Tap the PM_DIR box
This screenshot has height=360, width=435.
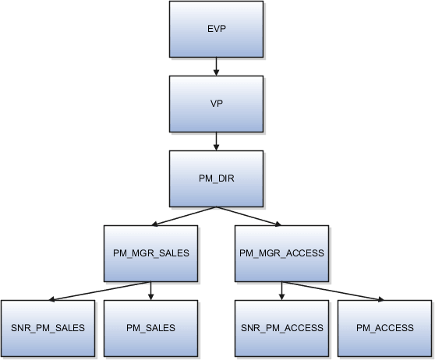[x=217, y=178]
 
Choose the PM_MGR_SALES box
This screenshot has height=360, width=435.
[x=150, y=252]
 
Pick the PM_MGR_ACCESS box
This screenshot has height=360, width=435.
[x=281, y=252]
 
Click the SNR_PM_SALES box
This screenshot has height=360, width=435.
[x=48, y=328]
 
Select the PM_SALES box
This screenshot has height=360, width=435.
[x=150, y=328]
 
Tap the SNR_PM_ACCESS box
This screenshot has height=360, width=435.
[x=281, y=328]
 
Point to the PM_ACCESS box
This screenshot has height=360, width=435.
[x=384, y=328]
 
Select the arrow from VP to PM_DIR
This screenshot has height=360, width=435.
[x=217, y=141]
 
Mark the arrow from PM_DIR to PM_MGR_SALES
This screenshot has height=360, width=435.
[x=186, y=216]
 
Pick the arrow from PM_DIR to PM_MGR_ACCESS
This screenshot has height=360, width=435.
[x=249, y=216]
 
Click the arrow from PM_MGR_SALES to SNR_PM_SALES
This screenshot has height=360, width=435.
[x=99, y=291]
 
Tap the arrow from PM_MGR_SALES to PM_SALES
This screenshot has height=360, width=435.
[x=150, y=291]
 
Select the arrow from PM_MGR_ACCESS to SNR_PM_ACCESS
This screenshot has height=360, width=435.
[x=281, y=291]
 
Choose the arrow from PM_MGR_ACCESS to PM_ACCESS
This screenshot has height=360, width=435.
[x=333, y=291]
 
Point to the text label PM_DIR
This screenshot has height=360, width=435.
[x=217, y=178]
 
